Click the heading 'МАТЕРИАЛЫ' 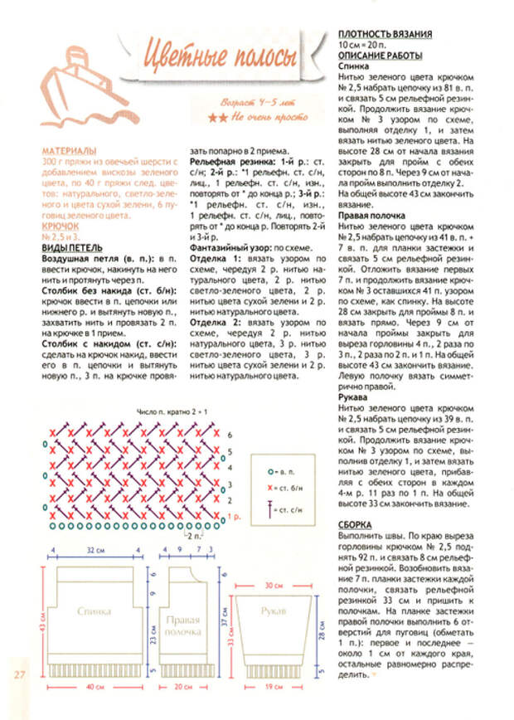92,152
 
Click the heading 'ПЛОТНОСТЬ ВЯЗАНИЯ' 385,34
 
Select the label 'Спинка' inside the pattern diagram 95,611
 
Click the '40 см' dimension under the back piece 93,688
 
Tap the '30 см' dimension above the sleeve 274,585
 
